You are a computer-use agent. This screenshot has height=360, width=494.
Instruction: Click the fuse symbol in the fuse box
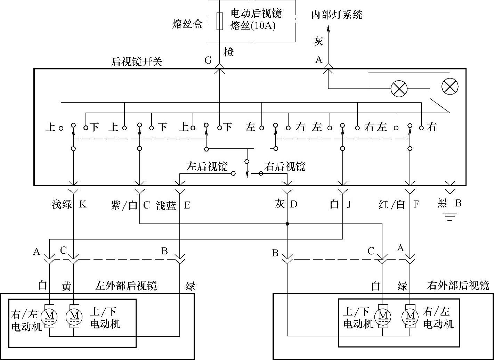pyautogui.click(x=220, y=21)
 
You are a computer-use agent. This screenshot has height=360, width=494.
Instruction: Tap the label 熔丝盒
pyautogui.click(x=187, y=24)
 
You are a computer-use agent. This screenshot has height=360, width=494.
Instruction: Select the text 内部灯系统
pyautogui.click(x=337, y=15)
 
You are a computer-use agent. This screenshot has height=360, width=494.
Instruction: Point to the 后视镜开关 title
pyautogui.click(x=137, y=62)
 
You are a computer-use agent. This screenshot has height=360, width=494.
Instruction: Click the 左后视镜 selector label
pyautogui.click(x=207, y=166)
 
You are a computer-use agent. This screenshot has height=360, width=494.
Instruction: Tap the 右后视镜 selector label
pyautogui.click(x=285, y=166)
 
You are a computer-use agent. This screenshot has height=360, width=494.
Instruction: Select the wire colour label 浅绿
pyautogui.click(x=62, y=204)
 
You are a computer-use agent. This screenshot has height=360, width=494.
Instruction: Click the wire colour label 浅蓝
pyautogui.click(x=166, y=205)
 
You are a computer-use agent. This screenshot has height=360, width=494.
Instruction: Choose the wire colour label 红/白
pyautogui.click(x=392, y=205)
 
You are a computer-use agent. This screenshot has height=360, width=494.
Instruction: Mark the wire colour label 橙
pyautogui.click(x=228, y=52)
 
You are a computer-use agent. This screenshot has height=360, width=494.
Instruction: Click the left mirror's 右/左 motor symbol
pyautogui.click(x=49, y=316)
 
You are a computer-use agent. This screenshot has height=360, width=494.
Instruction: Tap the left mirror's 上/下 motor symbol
pyautogui.click(x=74, y=316)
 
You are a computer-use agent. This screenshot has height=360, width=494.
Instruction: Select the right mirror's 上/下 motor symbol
pyautogui.click(x=382, y=316)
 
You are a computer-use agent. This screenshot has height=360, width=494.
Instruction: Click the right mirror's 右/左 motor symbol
pyautogui.click(x=410, y=316)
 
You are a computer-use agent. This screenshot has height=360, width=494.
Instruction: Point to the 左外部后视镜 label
pyautogui.click(x=126, y=286)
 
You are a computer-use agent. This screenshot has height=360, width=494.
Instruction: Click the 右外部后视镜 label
pyautogui.click(x=458, y=286)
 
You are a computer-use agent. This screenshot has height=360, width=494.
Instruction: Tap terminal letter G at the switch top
pyautogui.click(x=208, y=60)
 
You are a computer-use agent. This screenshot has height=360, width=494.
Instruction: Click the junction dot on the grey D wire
pyautogui.click(x=288, y=224)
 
